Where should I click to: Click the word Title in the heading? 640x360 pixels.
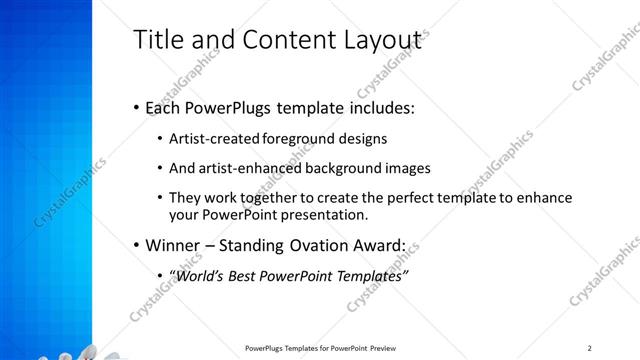(156, 40)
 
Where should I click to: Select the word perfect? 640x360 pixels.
(390, 198)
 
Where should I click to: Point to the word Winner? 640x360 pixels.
(172, 245)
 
